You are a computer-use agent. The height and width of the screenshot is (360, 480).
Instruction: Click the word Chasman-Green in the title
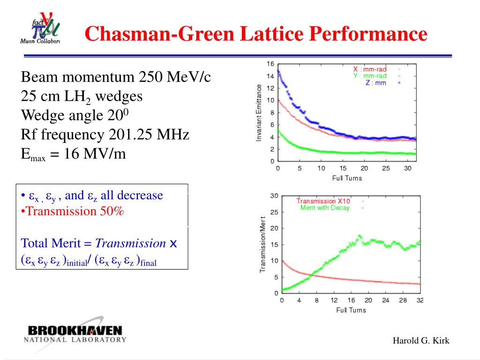point(160,33)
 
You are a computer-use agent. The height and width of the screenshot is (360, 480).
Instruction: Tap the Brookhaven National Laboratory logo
point(75,334)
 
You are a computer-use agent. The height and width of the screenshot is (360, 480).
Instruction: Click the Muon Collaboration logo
point(40,28)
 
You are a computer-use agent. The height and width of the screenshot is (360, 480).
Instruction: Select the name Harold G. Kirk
point(421,341)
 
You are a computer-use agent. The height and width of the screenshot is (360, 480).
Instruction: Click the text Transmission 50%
point(75,211)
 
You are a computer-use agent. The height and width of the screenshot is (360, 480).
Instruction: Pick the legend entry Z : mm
point(375,82)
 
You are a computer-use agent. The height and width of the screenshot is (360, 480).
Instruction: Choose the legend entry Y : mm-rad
point(370,76)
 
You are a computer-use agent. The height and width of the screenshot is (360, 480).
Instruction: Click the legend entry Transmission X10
point(323,201)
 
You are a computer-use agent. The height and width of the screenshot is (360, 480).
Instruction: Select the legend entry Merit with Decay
point(325,208)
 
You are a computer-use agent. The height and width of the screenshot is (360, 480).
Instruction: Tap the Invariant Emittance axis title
point(259,112)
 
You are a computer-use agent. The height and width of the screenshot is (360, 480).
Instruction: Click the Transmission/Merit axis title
point(262,244)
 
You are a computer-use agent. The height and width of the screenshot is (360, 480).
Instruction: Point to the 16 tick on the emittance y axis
point(270,64)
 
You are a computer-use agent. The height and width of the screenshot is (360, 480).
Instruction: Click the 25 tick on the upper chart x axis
point(386,168)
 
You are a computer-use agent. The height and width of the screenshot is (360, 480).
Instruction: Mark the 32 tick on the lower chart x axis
point(420,300)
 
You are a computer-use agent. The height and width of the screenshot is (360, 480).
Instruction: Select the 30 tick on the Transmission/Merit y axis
point(274,196)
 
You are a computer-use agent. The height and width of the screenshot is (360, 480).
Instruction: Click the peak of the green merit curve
point(360,236)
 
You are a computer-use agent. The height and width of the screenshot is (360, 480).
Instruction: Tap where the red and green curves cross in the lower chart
point(310,276)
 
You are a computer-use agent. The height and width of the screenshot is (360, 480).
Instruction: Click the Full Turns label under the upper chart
point(347,178)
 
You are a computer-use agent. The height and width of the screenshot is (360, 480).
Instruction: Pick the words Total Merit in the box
point(51,243)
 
